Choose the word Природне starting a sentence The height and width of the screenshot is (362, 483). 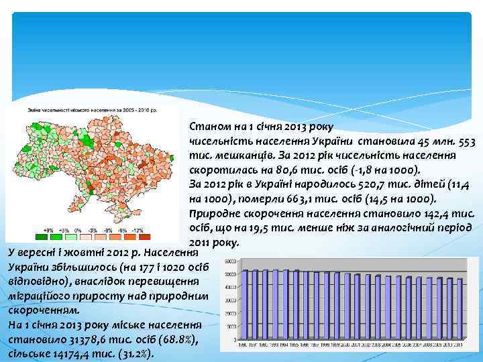(x=215, y=213)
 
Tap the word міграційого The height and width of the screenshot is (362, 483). (x=34, y=296)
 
